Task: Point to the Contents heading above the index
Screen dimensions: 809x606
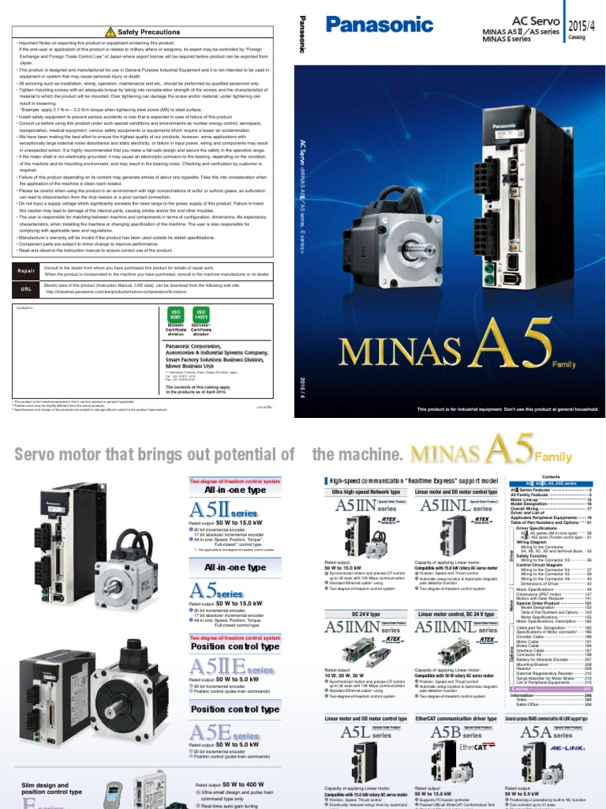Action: pos(551,477)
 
